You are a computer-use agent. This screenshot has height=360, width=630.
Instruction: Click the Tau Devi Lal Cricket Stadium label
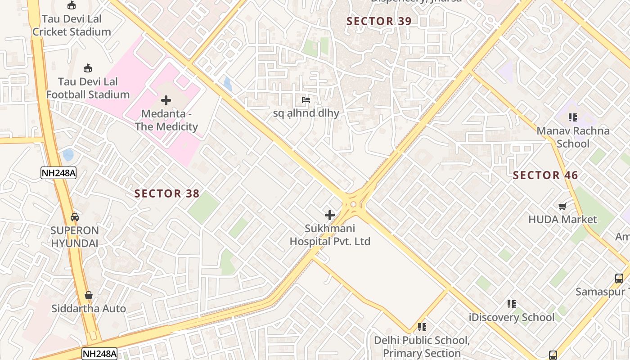(72, 25)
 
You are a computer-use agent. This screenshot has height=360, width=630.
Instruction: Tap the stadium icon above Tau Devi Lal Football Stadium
(88, 68)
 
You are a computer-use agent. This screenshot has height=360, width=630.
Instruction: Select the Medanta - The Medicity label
(166, 120)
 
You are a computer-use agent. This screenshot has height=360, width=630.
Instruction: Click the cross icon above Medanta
(166, 100)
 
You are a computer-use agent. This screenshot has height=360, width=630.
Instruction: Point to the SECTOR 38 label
(167, 193)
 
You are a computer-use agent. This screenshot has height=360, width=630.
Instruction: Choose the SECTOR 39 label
(379, 21)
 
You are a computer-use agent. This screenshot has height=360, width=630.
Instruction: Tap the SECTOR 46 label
(545, 175)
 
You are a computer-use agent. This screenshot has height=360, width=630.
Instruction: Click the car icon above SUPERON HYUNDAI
(75, 217)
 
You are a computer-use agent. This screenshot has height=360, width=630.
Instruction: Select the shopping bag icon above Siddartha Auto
(89, 295)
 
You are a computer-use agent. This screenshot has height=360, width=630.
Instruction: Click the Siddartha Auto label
(89, 309)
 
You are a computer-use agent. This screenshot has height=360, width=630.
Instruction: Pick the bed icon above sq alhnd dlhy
(306, 100)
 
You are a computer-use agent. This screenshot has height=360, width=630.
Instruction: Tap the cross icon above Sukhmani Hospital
(330, 215)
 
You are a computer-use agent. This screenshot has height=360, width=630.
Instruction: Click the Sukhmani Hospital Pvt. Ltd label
(330, 235)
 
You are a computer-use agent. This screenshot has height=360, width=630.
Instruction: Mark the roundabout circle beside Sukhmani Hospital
(353, 205)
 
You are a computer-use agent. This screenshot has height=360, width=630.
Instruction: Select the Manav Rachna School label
(573, 137)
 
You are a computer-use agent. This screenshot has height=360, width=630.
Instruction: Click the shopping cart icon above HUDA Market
(562, 207)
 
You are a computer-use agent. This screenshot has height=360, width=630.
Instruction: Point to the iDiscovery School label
(512, 317)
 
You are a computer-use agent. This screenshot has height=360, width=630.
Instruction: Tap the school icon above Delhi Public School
(422, 327)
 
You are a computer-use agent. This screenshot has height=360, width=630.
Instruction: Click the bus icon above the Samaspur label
(620, 279)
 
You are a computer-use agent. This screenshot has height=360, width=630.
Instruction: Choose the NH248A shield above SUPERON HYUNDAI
(58, 173)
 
